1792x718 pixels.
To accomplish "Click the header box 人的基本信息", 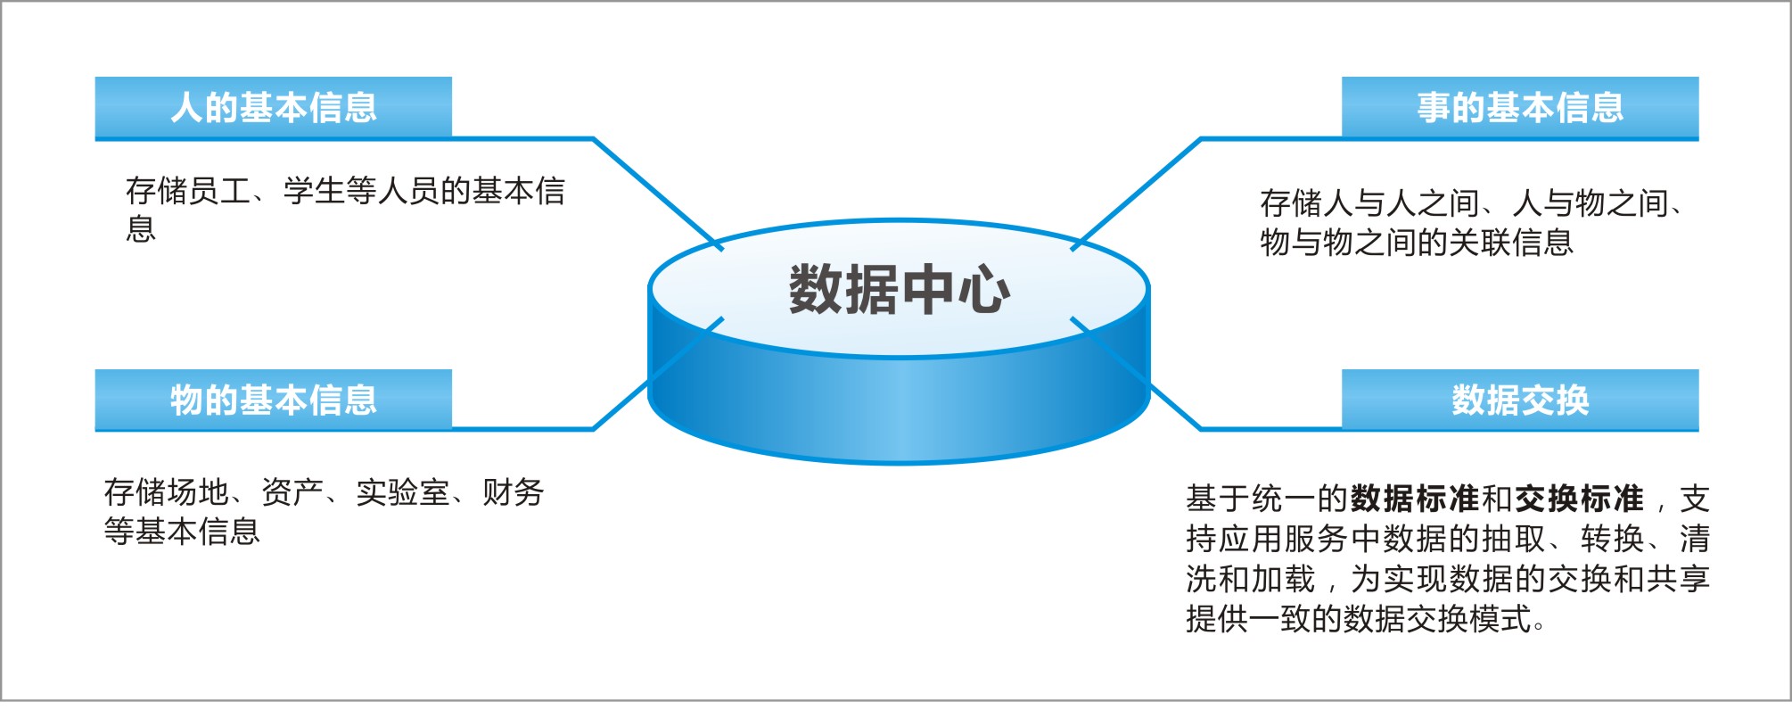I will [x=273, y=107].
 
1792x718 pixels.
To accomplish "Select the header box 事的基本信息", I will [x=1519, y=107].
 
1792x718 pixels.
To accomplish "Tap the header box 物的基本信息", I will [x=273, y=400].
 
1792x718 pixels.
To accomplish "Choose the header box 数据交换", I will [x=1519, y=400].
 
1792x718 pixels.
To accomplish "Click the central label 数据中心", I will [x=899, y=289].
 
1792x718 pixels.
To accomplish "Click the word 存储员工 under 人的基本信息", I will [x=188, y=191].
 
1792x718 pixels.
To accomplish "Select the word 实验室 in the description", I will [x=402, y=492].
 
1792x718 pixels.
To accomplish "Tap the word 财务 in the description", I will [x=513, y=492].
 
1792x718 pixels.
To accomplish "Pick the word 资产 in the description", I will [x=292, y=492].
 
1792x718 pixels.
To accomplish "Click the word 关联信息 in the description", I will [x=1511, y=243].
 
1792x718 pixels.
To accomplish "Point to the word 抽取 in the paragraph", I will [x=1513, y=539].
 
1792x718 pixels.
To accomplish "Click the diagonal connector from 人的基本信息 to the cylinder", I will [x=658, y=193].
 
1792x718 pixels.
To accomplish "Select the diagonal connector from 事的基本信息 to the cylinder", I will [x=1138, y=191].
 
